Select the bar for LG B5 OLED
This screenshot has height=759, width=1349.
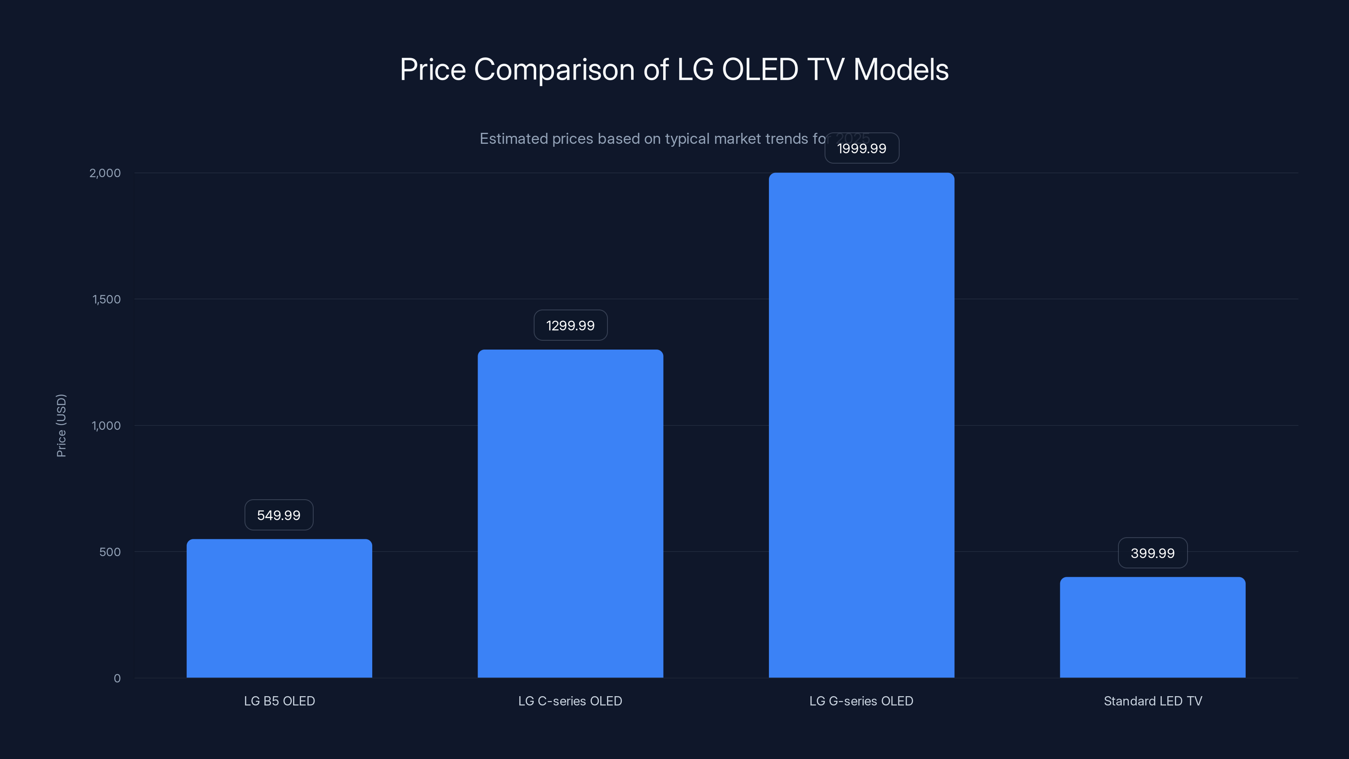pyautogui.click(x=279, y=608)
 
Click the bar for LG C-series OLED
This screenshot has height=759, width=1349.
pyautogui.click(x=570, y=513)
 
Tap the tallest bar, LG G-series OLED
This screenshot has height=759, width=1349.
pyautogui.click(x=861, y=425)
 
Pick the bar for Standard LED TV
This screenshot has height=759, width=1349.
pyautogui.click(x=1153, y=627)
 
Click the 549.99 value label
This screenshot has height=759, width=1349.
pyautogui.click(x=279, y=515)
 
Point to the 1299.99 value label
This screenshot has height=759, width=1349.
pyautogui.click(x=570, y=325)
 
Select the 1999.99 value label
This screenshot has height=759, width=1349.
pyautogui.click(x=861, y=148)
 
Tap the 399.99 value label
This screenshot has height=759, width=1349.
pyautogui.click(x=1153, y=553)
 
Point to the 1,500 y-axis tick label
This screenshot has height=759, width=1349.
pyautogui.click(x=106, y=299)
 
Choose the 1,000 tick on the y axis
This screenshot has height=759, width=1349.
pyautogui.click(x=106, y=425)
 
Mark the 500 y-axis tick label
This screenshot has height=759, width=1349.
pyautogui.click(x=110, y=552)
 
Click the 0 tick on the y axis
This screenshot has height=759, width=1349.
pyautogui.click(x=117, y=678)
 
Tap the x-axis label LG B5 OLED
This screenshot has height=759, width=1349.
pyautogui.click(x=279, y=701)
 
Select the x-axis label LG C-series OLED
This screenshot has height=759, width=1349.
pyautogui.click(x=570, y=701)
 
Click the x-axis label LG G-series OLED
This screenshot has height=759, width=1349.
pyautogui.click(x=861, y=701)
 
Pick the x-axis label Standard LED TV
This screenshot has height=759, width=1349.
pyautogui.click(x=1153, y=701)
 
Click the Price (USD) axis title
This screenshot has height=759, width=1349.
pyautogui.click(x=61, y=425)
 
